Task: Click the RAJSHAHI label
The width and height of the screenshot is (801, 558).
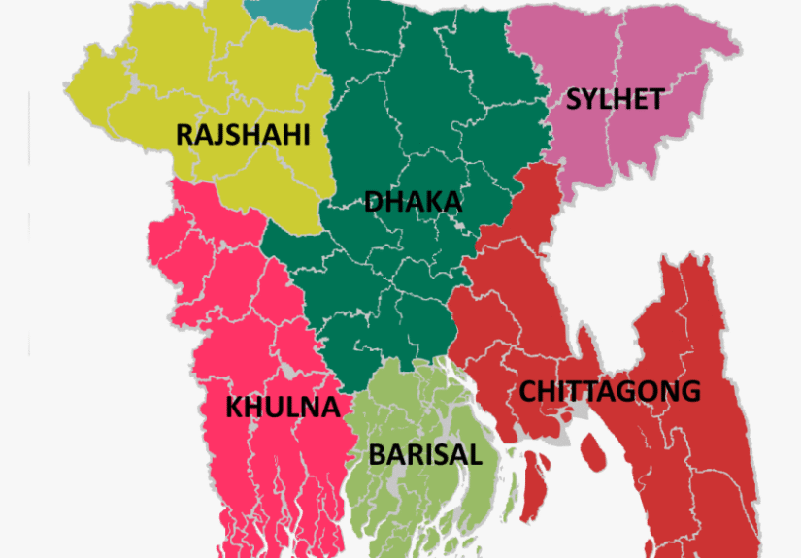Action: point(243,134)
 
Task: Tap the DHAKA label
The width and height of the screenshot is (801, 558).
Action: point(413,202)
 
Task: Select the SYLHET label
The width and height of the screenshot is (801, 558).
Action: point(615,98)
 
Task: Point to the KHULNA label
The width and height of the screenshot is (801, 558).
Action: point(283,407)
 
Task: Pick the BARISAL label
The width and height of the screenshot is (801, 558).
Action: point(424,453)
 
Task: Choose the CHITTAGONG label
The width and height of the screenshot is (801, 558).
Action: point(609,391)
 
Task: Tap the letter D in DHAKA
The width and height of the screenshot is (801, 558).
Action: point(374,202)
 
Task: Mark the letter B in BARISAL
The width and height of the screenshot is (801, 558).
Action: point(377,453)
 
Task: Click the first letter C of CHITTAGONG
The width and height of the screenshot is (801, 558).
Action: point(528,391)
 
